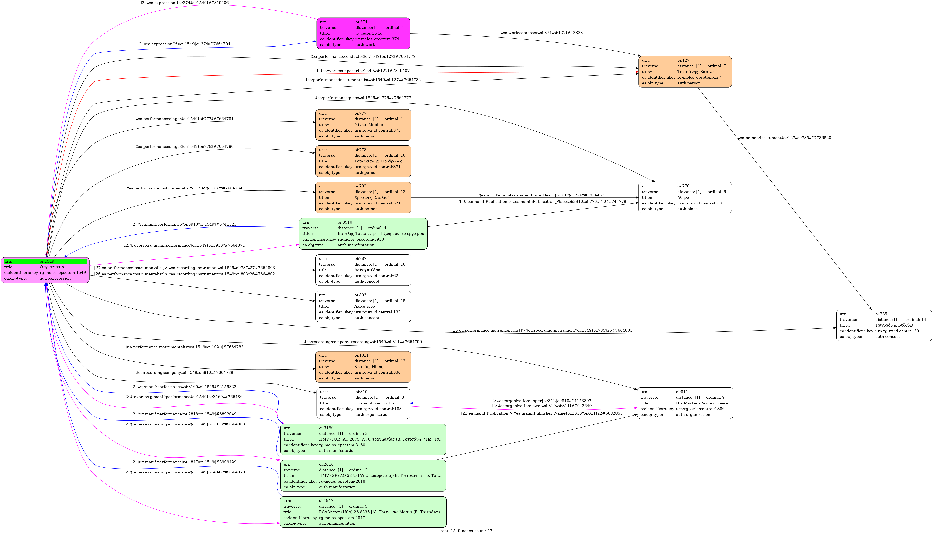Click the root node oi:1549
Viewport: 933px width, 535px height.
click(45, 270)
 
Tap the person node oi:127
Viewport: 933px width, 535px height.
click(685, 72)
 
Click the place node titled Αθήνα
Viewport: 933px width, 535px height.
click(685, 197)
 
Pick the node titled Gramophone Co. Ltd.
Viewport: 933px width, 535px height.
click(363, 403)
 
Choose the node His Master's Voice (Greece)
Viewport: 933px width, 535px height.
click(685, 403)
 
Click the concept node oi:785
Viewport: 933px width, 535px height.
click(884, 325)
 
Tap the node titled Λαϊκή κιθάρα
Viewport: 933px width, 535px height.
click(363, 270)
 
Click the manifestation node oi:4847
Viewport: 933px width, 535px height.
click(363, 512)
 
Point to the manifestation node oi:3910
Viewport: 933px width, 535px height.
click(363, 234)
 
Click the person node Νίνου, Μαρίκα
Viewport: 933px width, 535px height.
click(363, 125)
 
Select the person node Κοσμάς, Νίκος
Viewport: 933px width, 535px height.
click(363, 367)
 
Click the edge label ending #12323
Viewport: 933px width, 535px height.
click(541, 33)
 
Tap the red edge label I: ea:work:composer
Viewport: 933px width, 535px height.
click(363, 71)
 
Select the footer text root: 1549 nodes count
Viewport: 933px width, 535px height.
click(466, 531)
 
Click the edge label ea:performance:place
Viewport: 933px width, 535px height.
click(363, 98)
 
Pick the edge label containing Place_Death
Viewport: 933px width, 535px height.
click(541, 195)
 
